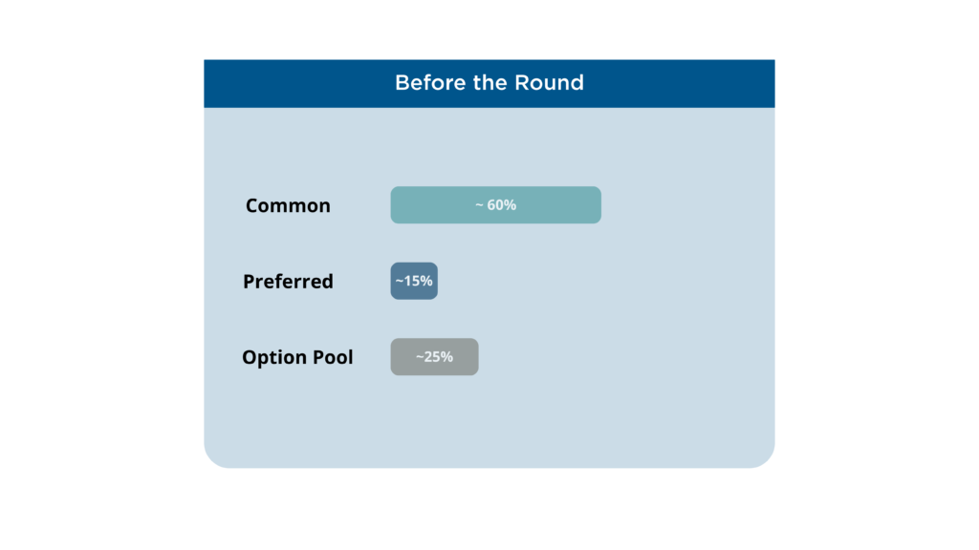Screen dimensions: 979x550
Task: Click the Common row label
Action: tap(288, 205)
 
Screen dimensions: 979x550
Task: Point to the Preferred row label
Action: tap(288, 282)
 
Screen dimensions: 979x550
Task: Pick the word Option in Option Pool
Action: tap(272, 357)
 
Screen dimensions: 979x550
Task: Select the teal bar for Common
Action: tap(496, 204)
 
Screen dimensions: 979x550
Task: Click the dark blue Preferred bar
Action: tap(414, 281)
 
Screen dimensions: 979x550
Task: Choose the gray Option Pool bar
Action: tap(435, 357)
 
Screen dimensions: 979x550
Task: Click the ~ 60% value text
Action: tap(496, 204)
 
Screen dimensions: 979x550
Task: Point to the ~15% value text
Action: tap(414, 281)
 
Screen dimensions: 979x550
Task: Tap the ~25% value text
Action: tap(435, 357)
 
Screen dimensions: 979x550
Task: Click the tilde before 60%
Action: tap(480, 205)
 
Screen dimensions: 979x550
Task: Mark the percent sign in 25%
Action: tap(447, 357)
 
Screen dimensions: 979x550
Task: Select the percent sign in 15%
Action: tap(426, 281)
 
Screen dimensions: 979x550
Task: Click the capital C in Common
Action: tap(252, 205)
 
